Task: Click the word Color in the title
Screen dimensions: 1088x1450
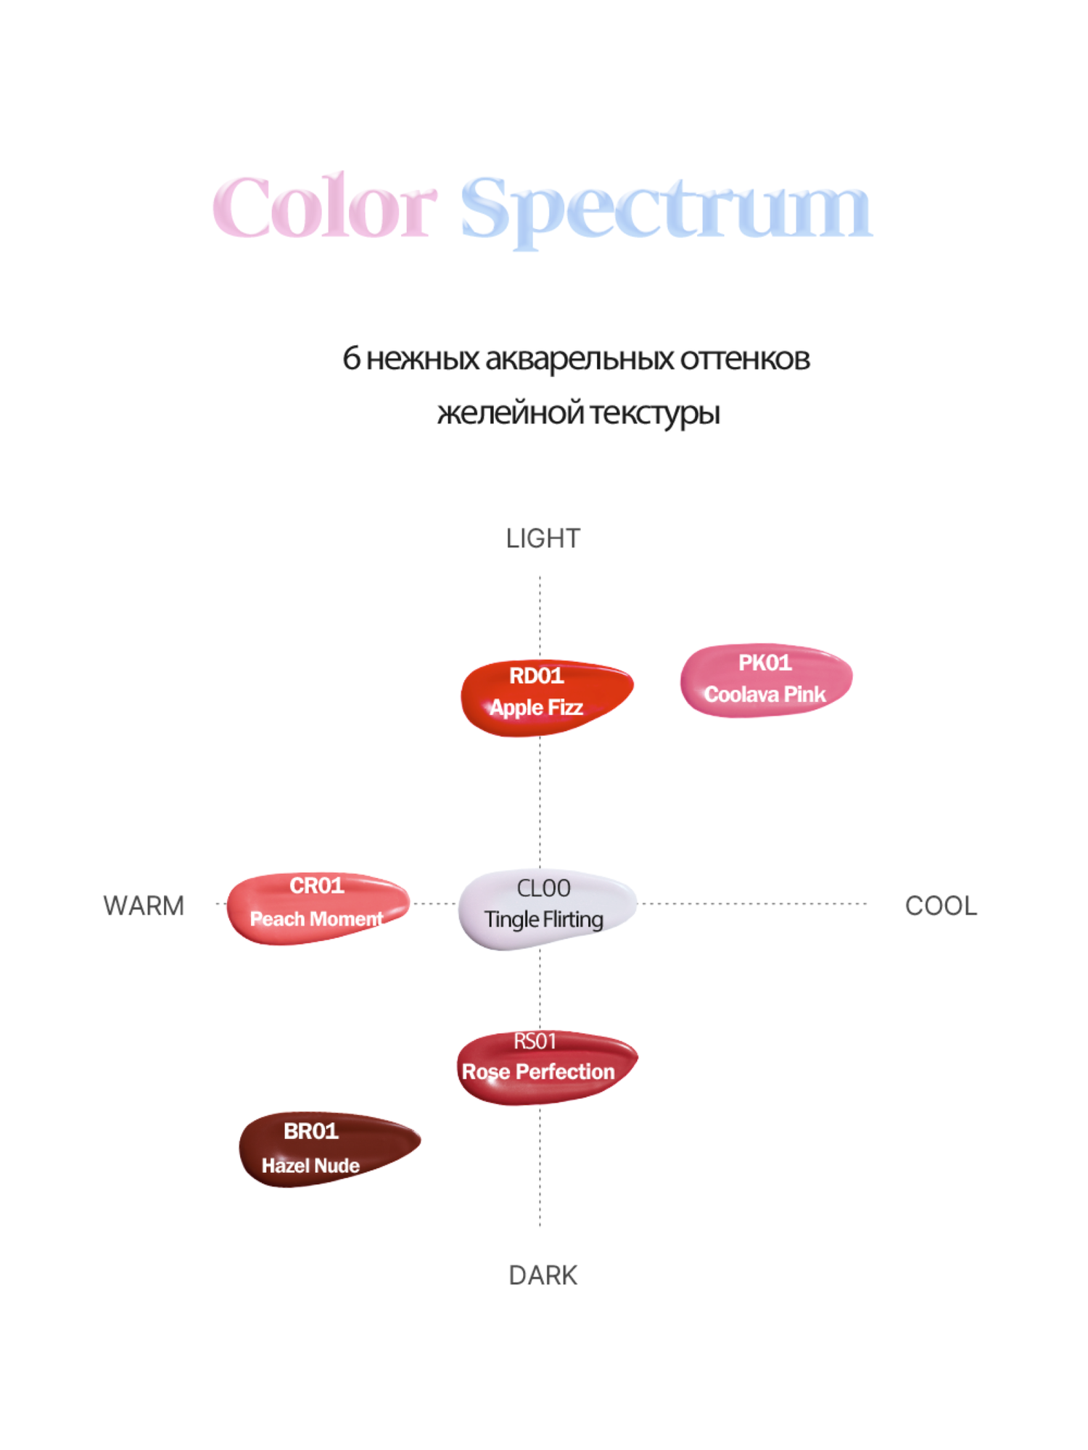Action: pos(324,207)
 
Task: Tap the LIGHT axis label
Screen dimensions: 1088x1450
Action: pos(543,539)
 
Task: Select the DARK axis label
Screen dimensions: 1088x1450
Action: pos(543,1275)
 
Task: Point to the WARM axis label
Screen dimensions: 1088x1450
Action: pos(144,906)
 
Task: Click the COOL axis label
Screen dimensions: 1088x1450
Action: pos(941,906)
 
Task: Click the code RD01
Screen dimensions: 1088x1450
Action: pos(536,676)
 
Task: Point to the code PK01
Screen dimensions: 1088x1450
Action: pos(765,663)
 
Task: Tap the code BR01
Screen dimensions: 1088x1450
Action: pos(310,1131)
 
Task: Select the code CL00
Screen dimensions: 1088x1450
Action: pos(543,888)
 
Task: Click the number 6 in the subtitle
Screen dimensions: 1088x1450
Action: pos(351,358)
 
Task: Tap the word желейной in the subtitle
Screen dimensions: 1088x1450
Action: pos(510,413)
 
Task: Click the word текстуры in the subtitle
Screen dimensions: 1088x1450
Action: pos(654,413)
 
